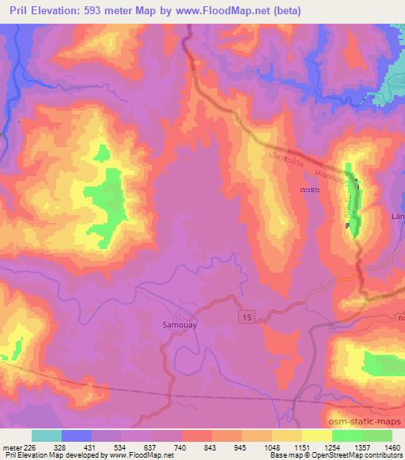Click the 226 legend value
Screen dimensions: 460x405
30,447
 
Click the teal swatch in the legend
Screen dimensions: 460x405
47,435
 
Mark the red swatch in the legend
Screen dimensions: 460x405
197,435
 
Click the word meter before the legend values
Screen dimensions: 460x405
12,447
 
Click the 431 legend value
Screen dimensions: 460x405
91,447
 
